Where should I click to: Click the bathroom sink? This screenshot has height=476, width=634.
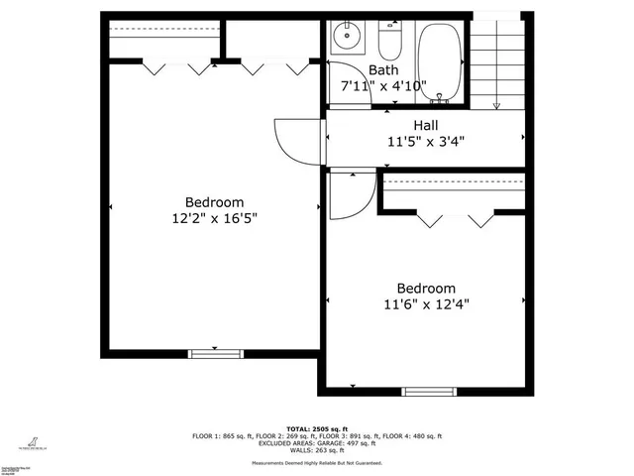[x=348, y=38]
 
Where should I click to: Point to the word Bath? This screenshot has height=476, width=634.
[x=383, y=70]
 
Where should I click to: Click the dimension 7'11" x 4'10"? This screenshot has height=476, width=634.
[x=383, y=86]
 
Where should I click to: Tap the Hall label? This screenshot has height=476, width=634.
[x=426, y=125]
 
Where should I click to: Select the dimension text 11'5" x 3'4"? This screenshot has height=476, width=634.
[x=426, y=141]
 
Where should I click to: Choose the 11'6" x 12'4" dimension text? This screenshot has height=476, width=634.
[x=426, y=304]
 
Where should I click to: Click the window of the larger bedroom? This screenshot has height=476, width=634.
[x=215, y=352]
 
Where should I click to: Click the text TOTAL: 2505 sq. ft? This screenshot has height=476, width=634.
[x=317, y=428]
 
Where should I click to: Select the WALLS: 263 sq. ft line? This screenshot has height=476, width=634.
[x=317, y=450]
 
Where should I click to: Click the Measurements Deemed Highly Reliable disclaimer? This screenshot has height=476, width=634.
[x=317, y=462]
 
